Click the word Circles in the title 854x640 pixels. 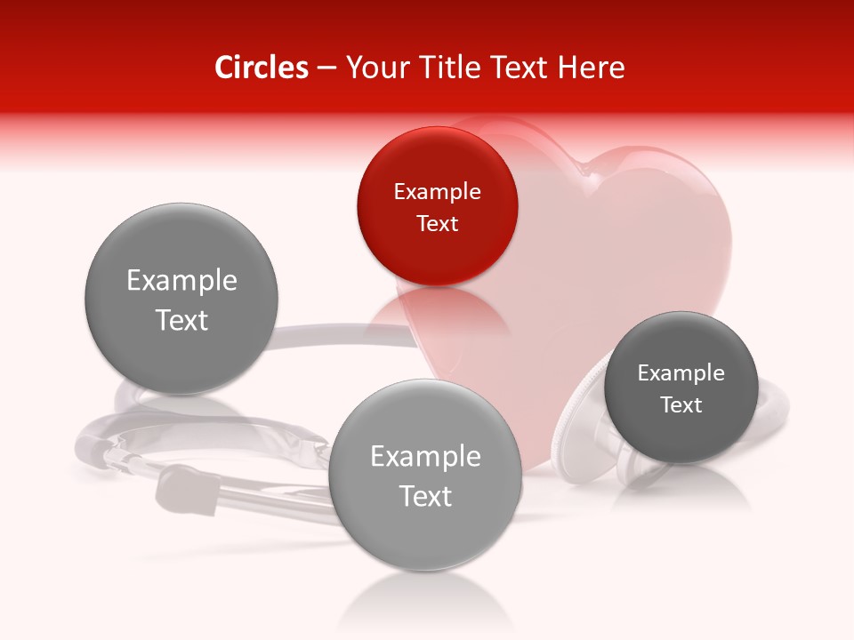coord(261,68)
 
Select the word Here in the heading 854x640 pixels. coord(592,68)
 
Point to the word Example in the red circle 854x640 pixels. coord(437,191)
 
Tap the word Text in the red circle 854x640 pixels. coord(437,223)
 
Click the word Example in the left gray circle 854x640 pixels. coord(181,281)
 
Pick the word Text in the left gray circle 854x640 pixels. coord(181,320)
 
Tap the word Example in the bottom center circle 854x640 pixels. coord(425,457)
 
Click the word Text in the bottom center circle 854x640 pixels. coord(425,496)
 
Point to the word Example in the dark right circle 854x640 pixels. coord(681,372)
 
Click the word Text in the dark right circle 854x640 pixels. coord(681,404)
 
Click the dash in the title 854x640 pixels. coord(326,68)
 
